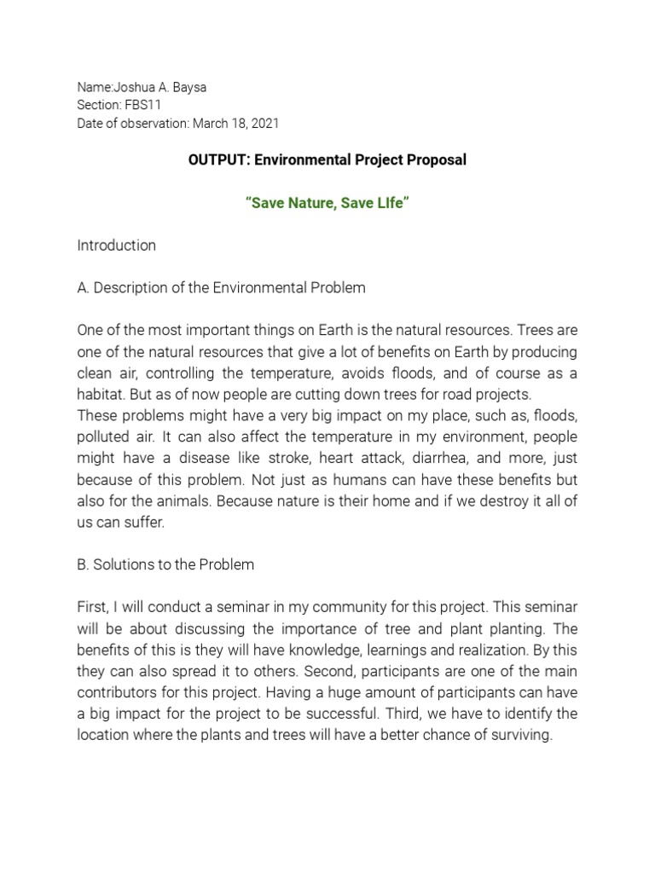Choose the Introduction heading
(117, 246)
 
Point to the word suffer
(143, 522)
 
